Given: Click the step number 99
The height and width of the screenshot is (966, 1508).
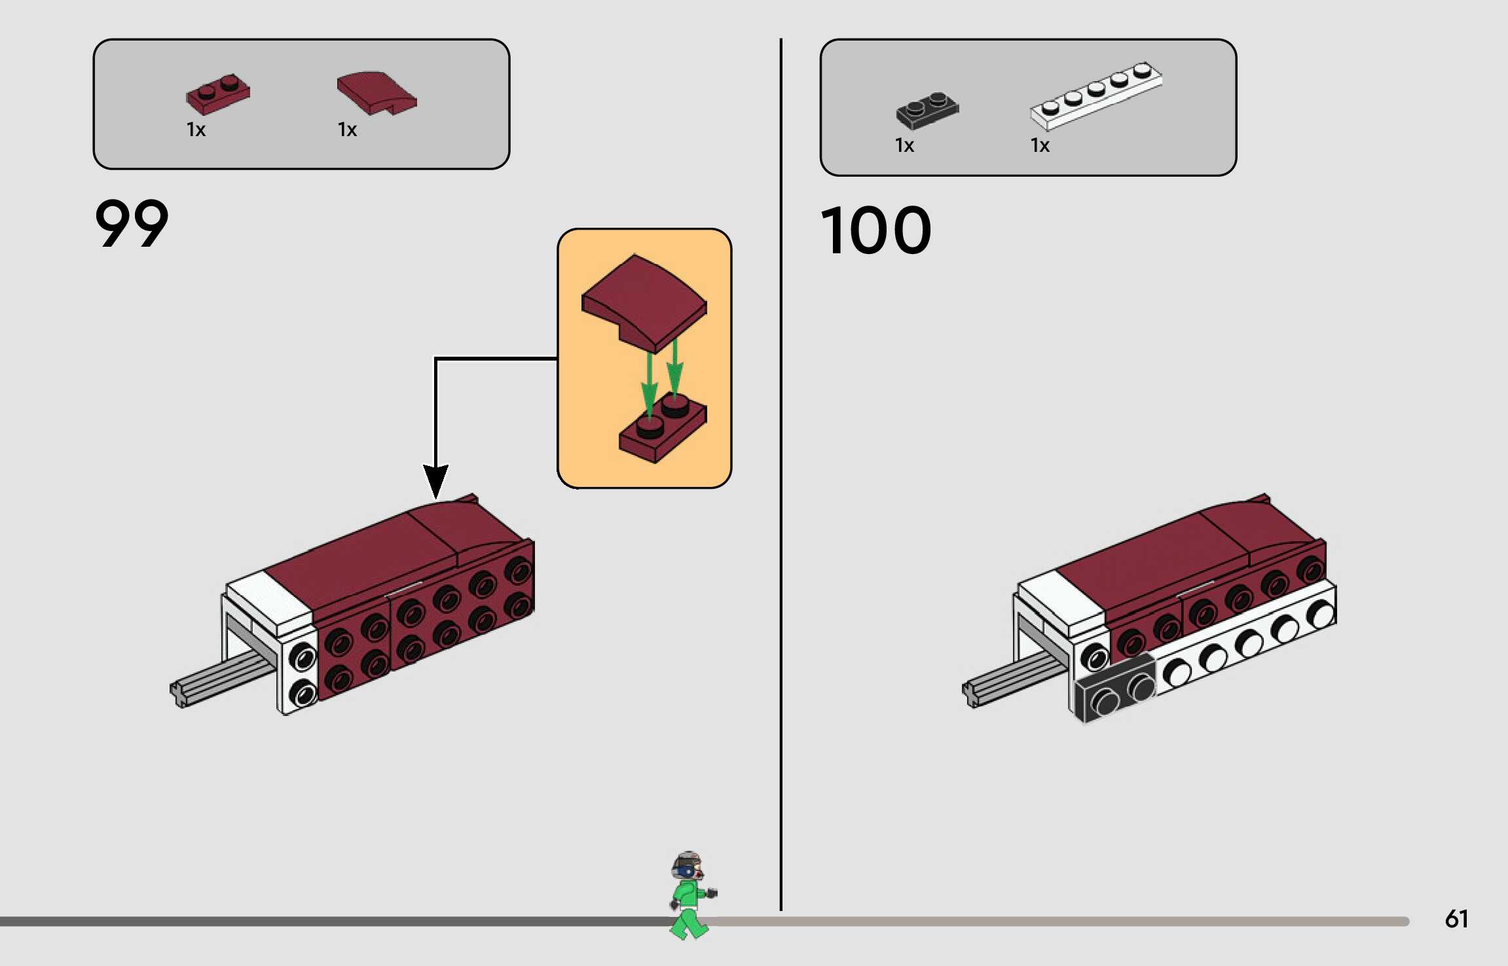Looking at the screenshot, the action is click(x=132, y=223).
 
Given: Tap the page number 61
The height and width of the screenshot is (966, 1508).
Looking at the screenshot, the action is click(x=1456, y=919).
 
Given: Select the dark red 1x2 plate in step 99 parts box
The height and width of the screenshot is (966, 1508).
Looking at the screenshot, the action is click(x=218, y=94).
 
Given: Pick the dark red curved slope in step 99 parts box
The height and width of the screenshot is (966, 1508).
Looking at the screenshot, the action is click(x=377, y=93).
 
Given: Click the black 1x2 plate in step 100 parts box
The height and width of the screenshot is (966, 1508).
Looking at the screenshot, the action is click(x=927, y=110).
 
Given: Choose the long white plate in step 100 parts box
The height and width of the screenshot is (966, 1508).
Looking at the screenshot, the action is click(x=1096, y=96).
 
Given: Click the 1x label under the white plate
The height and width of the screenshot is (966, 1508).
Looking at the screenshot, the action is click(x=1040, y=145).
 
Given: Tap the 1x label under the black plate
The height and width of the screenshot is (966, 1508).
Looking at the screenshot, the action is click(x=904, y=145).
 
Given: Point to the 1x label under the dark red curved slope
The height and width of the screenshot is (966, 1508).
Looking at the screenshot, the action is click(x=347, y=130).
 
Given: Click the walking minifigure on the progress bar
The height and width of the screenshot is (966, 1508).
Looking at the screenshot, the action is click(x=691, y=895).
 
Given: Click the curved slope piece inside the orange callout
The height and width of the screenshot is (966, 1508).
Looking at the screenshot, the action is click(x=644, y=303).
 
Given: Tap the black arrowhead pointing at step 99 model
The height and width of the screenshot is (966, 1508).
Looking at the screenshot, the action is click(x=435, y=482).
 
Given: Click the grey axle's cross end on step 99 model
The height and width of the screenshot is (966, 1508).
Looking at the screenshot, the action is click(x=179, y=694).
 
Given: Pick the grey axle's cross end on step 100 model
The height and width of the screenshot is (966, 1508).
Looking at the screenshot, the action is click(x=971, y=694).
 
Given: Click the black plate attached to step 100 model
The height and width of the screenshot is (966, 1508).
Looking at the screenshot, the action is click(x=1115, y=689).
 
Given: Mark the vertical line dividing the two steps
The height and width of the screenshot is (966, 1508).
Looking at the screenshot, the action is click(x=781, y=474).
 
